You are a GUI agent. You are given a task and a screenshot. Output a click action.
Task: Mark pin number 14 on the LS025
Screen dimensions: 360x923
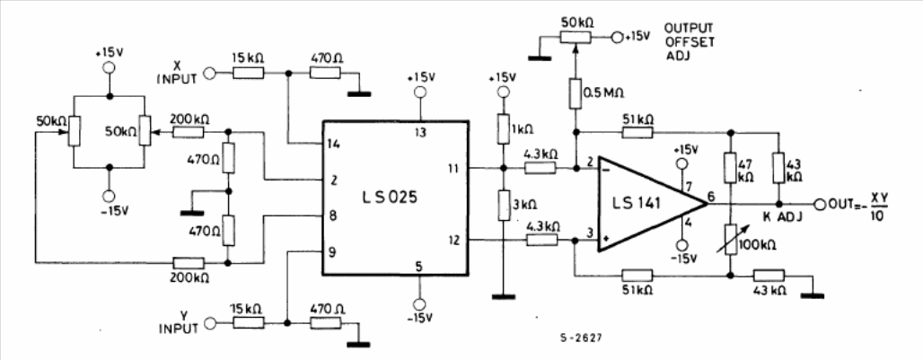(x=335, y=145)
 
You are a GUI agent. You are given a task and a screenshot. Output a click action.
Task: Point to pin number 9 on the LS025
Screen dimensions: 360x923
(x=333, y=252)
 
